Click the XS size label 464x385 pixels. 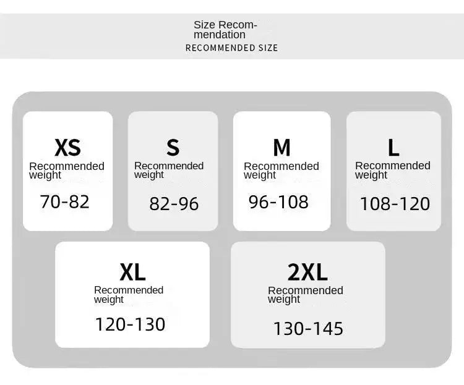67,148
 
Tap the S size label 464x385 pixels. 173,148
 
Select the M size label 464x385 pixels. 281,148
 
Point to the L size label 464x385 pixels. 393,148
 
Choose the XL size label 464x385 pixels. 132,272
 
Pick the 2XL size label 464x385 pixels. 307,272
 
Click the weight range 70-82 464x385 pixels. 64,202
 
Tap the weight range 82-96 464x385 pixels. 174,204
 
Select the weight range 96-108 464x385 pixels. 278,202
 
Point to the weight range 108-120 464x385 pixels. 395,204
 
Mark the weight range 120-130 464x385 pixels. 130,324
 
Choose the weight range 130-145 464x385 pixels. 308,329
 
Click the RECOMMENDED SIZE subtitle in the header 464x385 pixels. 231,48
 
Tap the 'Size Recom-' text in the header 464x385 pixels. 225,25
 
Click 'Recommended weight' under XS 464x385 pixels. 67,171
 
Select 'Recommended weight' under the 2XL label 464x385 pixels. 306,295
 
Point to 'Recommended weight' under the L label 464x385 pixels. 393,171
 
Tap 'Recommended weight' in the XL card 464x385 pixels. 129,295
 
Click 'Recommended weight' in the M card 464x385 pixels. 281,171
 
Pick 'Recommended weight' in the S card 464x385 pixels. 169,171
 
